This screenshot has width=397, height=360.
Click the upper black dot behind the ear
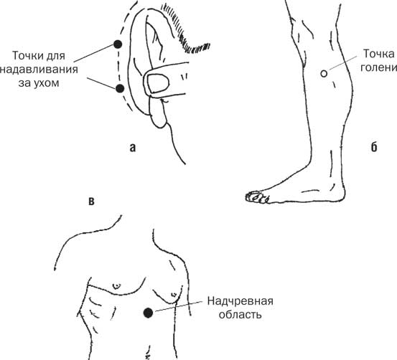[118, 44]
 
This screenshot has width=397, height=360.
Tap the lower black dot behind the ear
[120, 88]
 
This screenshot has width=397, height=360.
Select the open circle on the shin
[324, 74]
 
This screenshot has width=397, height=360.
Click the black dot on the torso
[148, 313]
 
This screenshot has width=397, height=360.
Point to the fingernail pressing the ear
[158, 83]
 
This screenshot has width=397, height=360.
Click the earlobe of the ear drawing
[158, 113]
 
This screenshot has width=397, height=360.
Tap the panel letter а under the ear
[133, 148]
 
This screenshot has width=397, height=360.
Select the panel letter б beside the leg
[374, 147]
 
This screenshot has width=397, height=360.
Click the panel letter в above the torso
[92, 202]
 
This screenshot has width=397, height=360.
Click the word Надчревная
[240, 301]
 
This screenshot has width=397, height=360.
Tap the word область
[240, 315]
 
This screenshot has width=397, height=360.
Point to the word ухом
[47, 83]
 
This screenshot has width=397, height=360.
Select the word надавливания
[39, 70]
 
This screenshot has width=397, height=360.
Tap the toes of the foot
[257, 197]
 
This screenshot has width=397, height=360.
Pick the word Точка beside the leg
[379, 54]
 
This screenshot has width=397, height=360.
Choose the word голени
[379, 68]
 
